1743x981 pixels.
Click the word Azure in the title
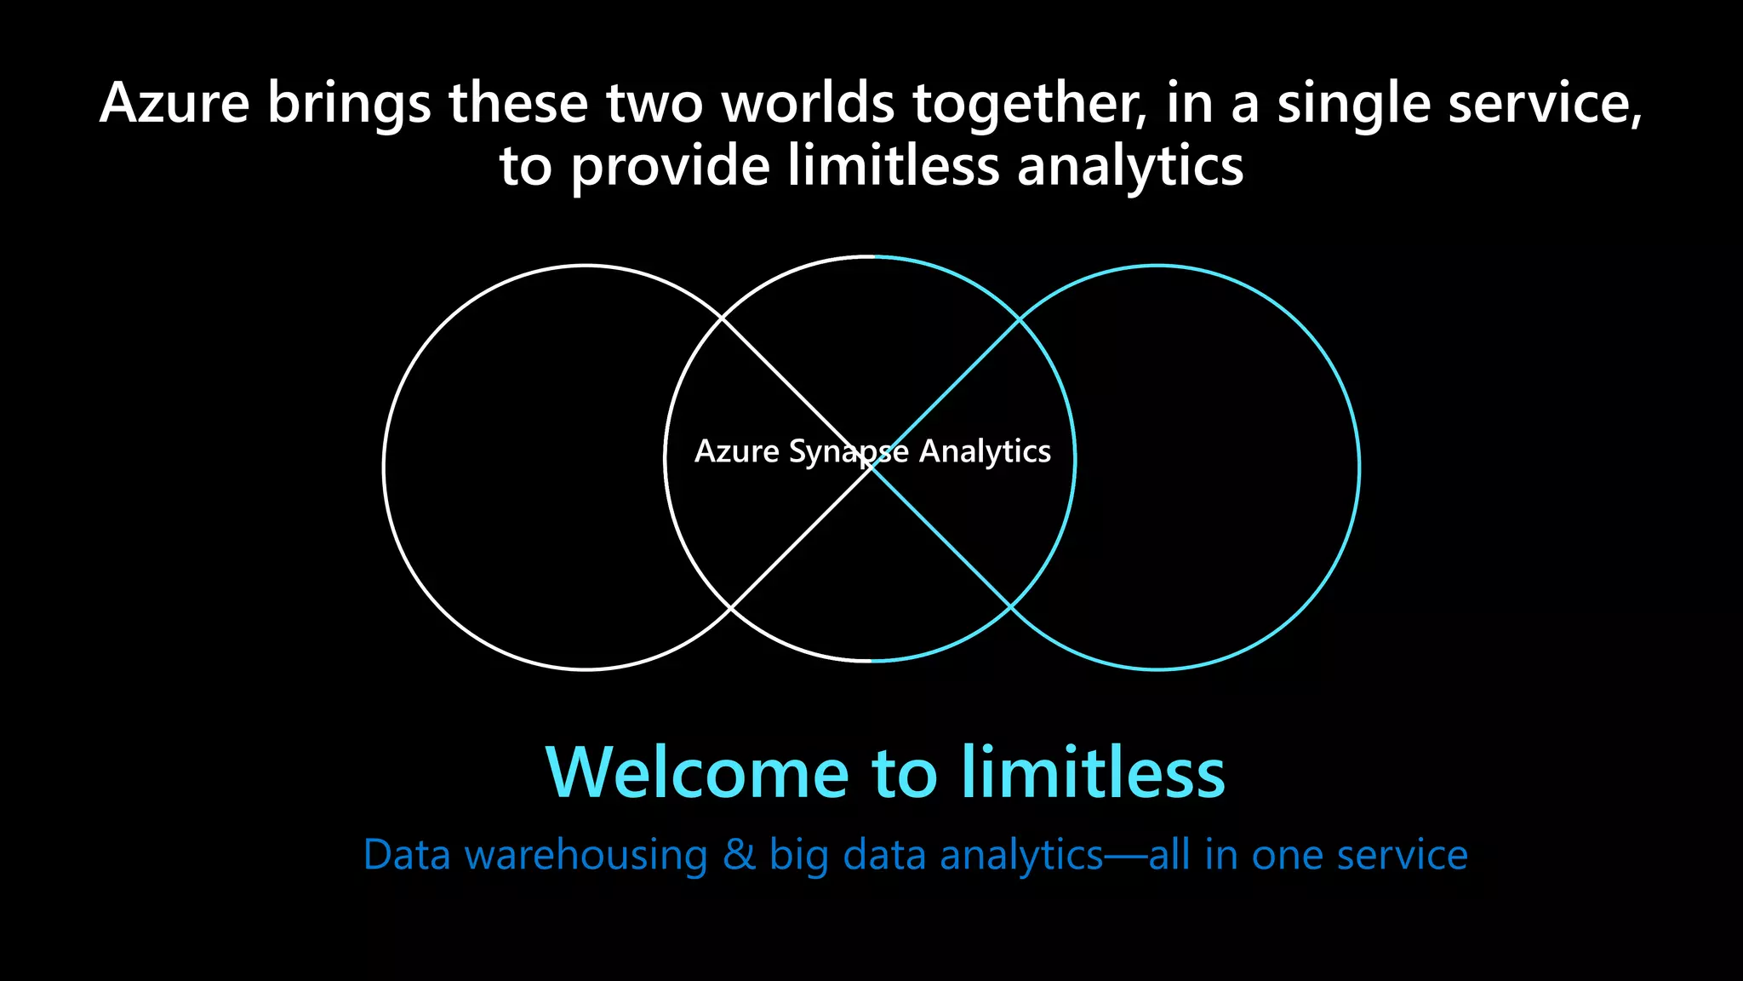(x=174, y=104)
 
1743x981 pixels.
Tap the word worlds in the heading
(x=808, y=104)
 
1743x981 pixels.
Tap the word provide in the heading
(x=671, y=167)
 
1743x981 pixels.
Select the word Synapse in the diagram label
(x=849, y=452)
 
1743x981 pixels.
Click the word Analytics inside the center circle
(x=985, y=452)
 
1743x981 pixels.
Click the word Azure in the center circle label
(x=736, y=451)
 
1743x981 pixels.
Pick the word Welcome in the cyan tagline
(x=697, y=772)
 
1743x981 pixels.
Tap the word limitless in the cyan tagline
(x=1093, y=772)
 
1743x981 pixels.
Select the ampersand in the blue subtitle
(x=739, y=855)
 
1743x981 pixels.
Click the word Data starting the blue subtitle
(x=407, y=855)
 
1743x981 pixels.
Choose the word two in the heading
(x=654, y=104)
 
